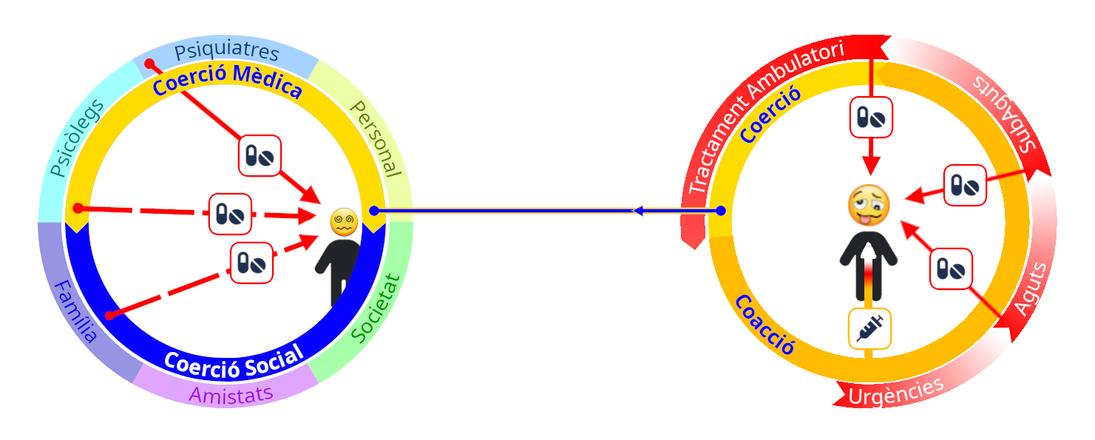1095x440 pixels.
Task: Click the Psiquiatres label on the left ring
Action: pyautogui.click(x=227, y=50)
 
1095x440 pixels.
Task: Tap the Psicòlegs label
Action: pyautogui.click(x=77, y=138)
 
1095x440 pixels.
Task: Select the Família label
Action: pyautogui.click(x=75, y=311)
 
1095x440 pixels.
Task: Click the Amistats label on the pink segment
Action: pyautogui.click(x=231, y=395)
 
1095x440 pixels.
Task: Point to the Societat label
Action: pyautogui.click(x=376, y=308)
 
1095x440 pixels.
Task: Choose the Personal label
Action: pyautogui.click(x=376, y=139)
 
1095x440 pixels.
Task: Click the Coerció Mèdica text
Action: pyautogui.click(x=227, y=81)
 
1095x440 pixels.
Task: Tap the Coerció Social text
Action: pyautogui.click(x=234, y=362)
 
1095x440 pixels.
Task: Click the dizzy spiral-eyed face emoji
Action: pyautogui.click(x=344, y=222)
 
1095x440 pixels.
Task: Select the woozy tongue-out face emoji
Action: pyautogui.click(x=869, y=206)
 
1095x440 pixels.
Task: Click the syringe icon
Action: pyautogui.click(x=869, y=328)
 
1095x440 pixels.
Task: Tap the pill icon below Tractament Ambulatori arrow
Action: pyautogui.click(x=871, y=118)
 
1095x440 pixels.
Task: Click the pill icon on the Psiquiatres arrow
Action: pyautogui.click(x=260, y=156)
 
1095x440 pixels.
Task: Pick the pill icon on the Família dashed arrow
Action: pyautogui.click(x=251, y=263)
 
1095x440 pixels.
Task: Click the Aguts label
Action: pyautogui.click(x=1030, y=289)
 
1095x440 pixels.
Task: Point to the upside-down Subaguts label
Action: pyautogui.click(x=1004, y=113)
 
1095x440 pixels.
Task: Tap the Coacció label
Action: pyautogui.click(x=765, y=325)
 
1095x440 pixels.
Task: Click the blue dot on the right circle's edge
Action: pyautogui.click(x=721, y=211)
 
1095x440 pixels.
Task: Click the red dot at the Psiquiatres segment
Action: pyautogui.click(x=149, y=64)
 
